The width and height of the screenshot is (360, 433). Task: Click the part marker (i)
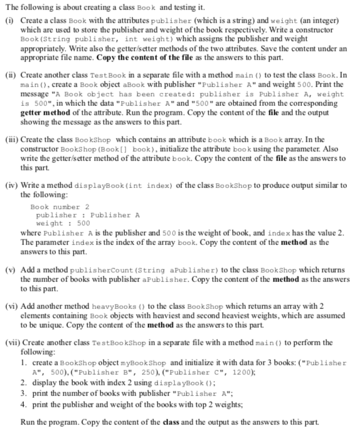pyautogui.click(x=9, y=20)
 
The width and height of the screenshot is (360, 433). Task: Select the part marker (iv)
pyautogui.click(x=11, y=185)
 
